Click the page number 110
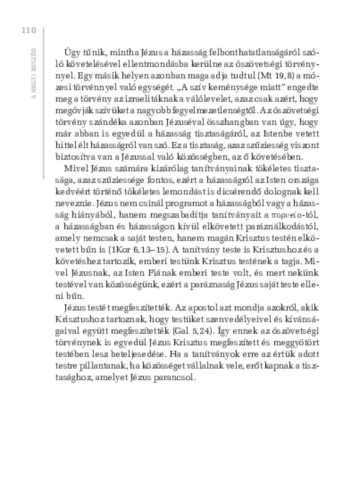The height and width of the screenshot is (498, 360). [27, 30]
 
